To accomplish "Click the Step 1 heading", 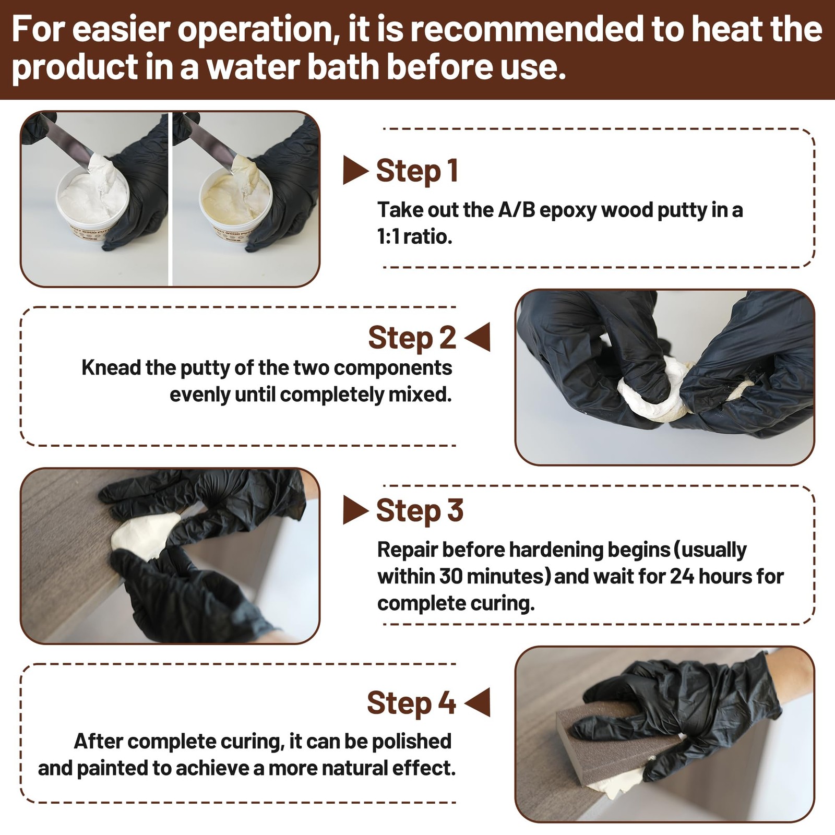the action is point(417,171).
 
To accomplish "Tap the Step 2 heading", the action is point(412,338).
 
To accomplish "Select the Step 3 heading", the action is point(420,510).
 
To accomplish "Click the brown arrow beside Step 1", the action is point(355,170).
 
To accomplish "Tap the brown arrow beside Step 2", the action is point(477,337).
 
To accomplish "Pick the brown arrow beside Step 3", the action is point(355,510).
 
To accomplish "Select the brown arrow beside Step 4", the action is point(477,702).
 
